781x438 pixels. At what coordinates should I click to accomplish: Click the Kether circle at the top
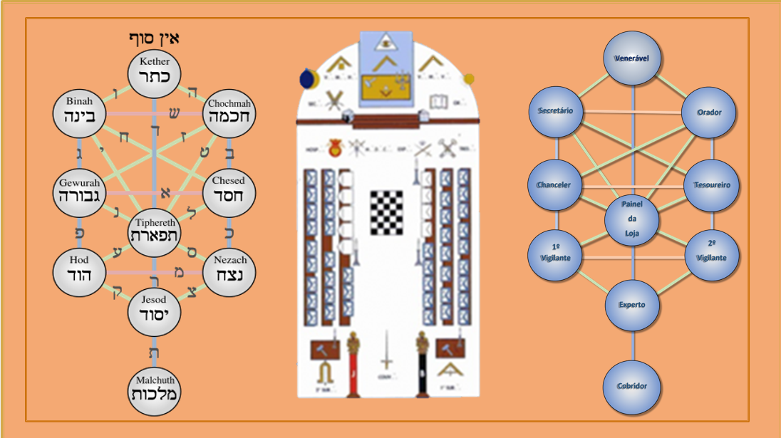(155, 71)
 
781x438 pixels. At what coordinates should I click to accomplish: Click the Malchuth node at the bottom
(155, 390)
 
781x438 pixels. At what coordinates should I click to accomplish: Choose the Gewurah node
(80, 191)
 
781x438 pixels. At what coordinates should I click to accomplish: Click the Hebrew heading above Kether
(154, 38)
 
